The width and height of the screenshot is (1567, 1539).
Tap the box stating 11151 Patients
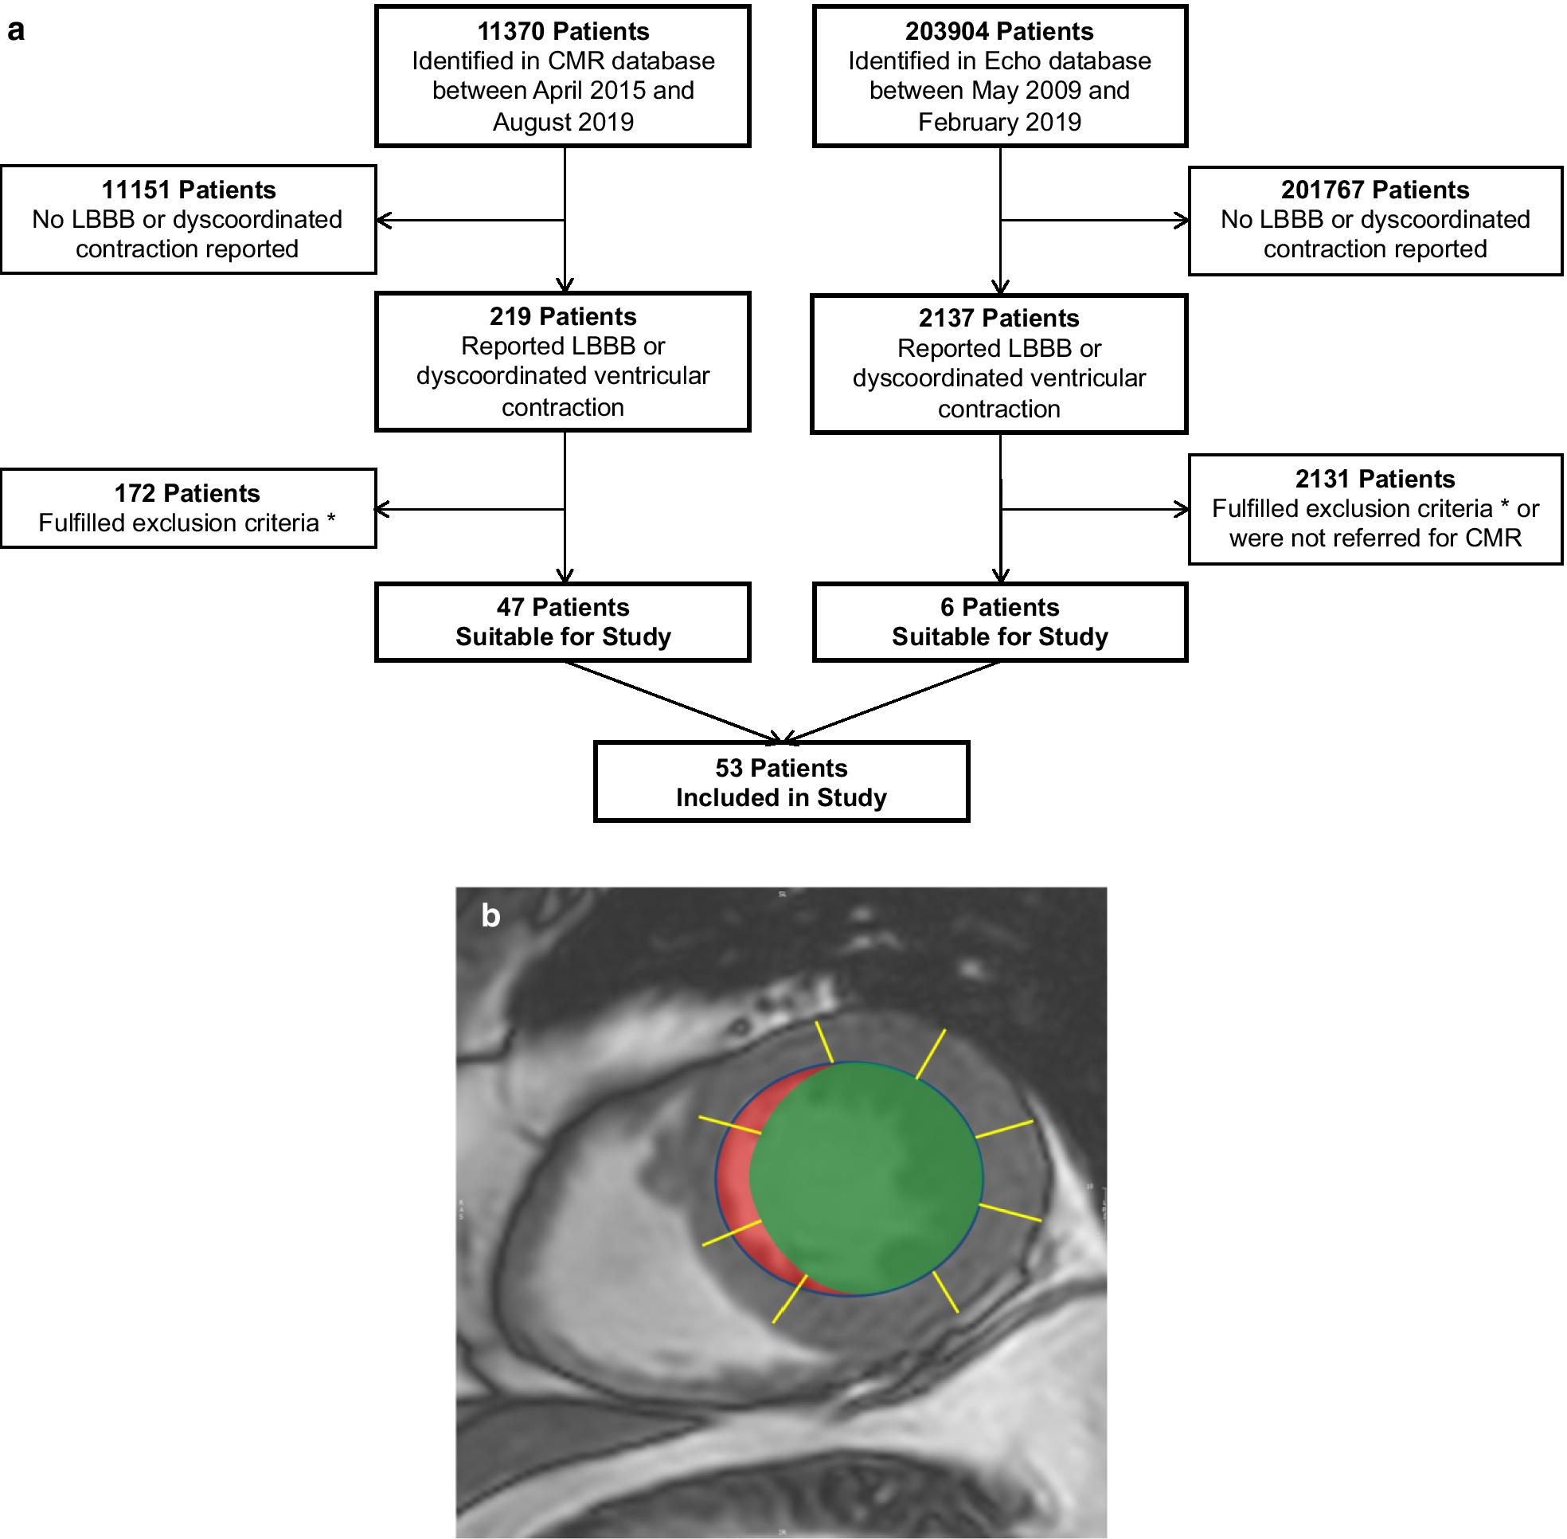tap(187, 219)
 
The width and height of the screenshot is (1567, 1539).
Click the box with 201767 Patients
tap(1374, 220)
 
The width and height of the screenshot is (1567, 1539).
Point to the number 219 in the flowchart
tap(510, 316)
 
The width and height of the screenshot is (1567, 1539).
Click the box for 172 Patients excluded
tap(187, 507)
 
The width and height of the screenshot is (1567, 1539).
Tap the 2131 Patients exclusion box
tap(1374, 508)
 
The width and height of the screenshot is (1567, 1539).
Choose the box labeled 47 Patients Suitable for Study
tap(562, 621)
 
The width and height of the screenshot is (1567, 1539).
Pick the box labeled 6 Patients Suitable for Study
tap(1000, 621)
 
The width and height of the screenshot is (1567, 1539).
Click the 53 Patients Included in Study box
tap(780, 781)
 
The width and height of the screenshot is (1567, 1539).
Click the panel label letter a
tap(15, 31)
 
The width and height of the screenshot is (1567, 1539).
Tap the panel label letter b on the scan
tap(490, 916)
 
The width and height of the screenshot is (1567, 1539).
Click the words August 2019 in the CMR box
tap(562, 122)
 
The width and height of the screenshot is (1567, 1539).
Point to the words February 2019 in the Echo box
tap(1000, 122)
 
